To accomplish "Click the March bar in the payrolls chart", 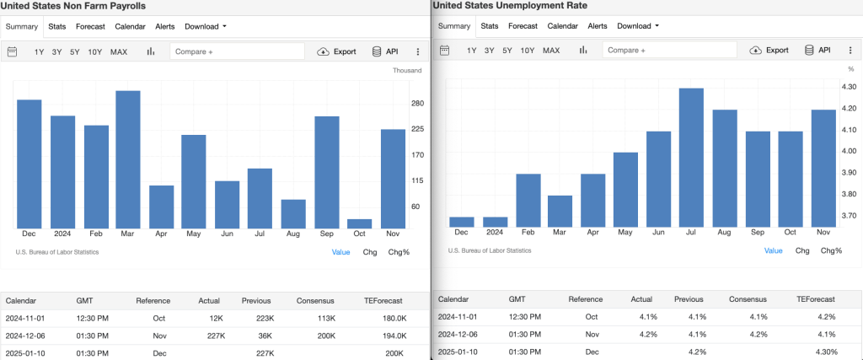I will tap(127, 159).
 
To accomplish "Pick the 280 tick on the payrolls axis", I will tap(417, 104).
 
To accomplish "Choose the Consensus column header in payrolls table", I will tap(315, 300).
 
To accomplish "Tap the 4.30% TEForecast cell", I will tap(827, 351).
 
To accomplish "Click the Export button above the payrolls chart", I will tap(336, 51).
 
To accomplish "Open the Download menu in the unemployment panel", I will tap(638, 26).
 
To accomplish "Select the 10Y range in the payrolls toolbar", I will tap(94, 51).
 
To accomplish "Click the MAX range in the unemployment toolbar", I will tap(551, 51).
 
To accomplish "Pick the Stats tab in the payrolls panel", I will tap(57, 26).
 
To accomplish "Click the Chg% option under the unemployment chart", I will tap(831, 250).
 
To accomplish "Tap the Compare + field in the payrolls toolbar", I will tap(237, 51).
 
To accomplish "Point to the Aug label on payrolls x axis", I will tap(292, 234).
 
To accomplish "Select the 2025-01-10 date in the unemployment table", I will tap(459, 351).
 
